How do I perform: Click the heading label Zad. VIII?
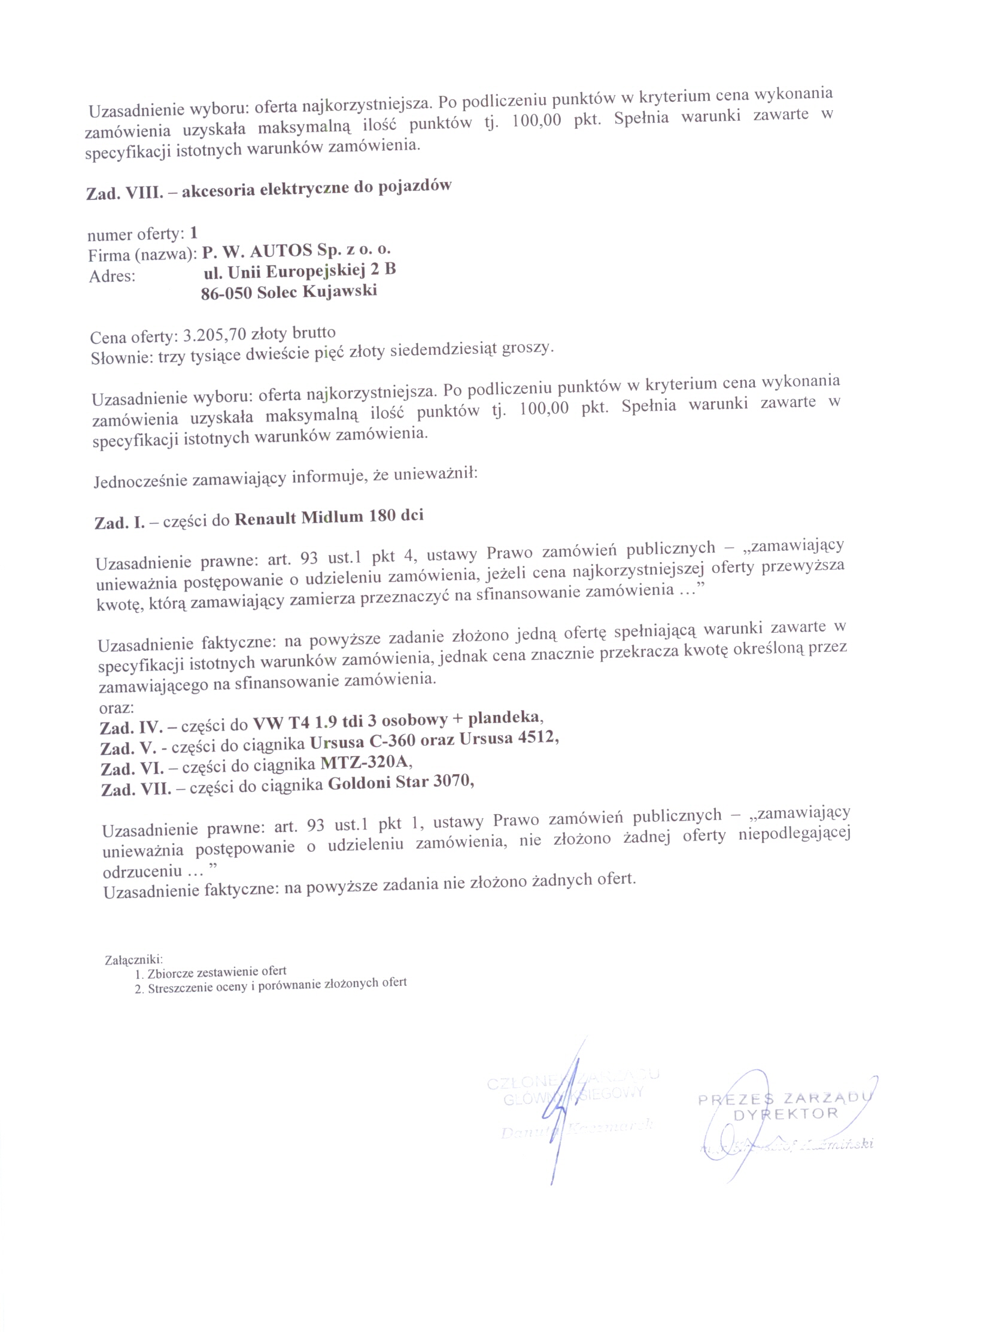click(124, 193)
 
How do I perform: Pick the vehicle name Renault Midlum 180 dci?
click(329, 517)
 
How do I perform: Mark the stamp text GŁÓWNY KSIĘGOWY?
click(573, 1096)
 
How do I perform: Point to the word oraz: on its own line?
click(116, 708)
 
